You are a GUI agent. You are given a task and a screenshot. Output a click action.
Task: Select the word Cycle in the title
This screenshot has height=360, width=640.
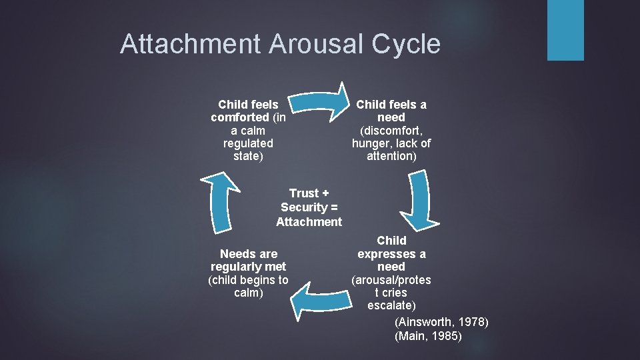[x=409, y=44]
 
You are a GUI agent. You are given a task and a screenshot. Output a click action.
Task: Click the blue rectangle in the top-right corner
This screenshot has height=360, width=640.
[x=565, y=30]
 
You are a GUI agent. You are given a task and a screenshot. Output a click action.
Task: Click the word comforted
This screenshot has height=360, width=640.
[x=240, y=117]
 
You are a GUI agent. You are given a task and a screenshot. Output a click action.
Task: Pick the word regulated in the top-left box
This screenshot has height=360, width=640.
[x=249, y=143]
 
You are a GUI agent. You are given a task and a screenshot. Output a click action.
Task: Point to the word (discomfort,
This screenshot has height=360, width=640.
[x=391, y=130]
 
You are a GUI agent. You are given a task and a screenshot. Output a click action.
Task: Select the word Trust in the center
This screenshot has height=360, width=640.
[x=303, y=193]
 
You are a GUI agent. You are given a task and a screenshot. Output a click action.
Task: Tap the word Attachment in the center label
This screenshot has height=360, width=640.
[x=309, y=222]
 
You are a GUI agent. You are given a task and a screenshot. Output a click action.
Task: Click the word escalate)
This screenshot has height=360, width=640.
[x=391, y=305]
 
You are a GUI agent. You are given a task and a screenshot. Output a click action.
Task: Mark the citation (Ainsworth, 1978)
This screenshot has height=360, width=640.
[x=441, y=323]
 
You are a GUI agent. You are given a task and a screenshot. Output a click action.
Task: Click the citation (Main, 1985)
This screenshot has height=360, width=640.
[x=428, y=336]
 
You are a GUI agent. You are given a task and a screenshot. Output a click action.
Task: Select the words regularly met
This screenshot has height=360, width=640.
[x=248, y=267]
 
